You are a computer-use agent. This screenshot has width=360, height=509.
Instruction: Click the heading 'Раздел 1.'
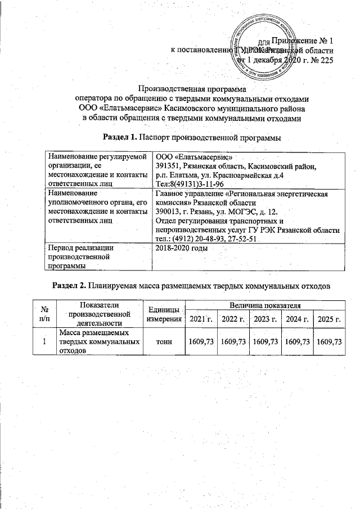click(x=120, y=137)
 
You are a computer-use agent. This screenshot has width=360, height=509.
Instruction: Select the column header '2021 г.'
click(x=201, y=320)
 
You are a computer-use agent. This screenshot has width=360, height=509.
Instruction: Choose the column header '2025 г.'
click(x=330, y=320)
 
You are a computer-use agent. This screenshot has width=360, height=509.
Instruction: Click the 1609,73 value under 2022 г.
click(x=233, y=341)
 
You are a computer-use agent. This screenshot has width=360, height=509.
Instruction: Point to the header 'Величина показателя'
click(x=264, y=305)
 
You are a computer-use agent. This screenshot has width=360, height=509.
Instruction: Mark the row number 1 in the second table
click(x=44, y=341)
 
